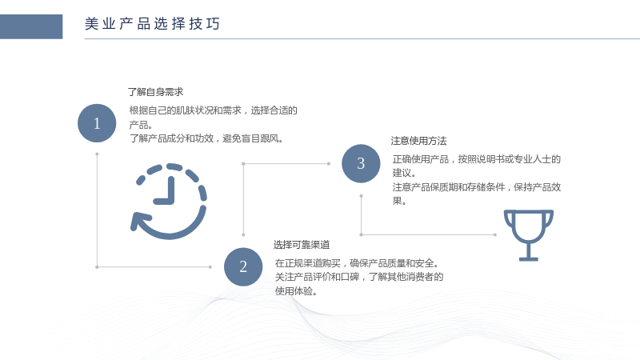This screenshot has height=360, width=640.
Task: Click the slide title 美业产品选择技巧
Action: tap(152, 24)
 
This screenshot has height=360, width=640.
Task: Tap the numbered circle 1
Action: tap(97, 123)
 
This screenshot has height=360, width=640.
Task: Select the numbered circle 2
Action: tap(243, 267)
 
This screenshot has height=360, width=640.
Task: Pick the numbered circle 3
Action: tap(361, 164)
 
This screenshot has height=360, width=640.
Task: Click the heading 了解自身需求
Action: tap(155, 92)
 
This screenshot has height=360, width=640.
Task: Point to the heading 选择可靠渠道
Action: tap(302, 245)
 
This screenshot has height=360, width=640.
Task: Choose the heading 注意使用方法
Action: tap(418, 141)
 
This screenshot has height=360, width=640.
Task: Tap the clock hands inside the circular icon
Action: tap(166, 191)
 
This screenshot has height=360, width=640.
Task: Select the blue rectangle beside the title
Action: tap(31, 26)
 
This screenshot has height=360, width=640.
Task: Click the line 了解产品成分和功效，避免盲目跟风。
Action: tap(206, 138)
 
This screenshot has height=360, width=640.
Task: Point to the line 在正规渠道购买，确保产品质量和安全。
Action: tap(357, 263)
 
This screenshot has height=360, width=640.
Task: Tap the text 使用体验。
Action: tap(296, 291)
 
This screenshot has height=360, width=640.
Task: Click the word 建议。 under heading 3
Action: tap(404, 173)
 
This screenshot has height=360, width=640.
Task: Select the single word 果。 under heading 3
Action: tap(399, 201)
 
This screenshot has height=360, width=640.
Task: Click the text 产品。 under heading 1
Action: tap(141, 125)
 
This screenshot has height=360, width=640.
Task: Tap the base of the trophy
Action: tap(529, 258)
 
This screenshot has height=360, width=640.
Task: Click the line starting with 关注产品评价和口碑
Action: tap(359, 277)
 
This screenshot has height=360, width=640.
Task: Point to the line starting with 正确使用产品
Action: tap(477, 158)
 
